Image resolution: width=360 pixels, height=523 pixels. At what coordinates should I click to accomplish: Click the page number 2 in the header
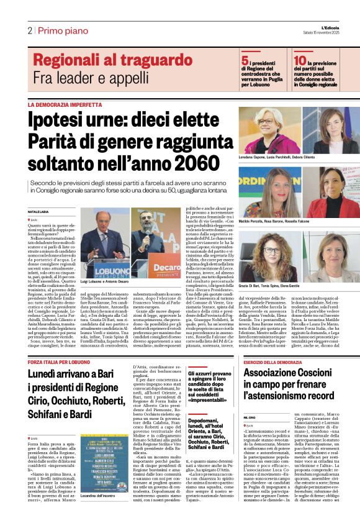point(29,30)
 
